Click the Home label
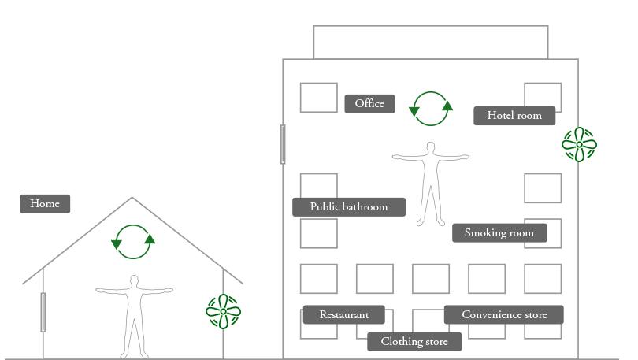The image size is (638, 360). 45,204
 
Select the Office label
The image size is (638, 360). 369,104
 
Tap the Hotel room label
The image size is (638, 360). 514,116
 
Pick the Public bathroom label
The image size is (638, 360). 349,207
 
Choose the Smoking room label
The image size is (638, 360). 499,232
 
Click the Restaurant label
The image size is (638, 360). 344,315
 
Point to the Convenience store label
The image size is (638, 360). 504,315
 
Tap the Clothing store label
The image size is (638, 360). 414,342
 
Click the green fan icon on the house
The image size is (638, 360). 223,311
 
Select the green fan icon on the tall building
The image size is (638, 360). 579,144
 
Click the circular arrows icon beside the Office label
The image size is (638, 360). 431,108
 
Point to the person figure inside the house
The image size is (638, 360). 134,315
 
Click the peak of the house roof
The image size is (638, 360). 132,198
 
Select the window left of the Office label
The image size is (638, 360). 318,98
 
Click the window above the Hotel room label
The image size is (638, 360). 543,91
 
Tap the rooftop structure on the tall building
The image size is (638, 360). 430,42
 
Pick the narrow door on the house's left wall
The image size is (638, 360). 43,312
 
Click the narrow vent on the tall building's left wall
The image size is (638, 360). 283,144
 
